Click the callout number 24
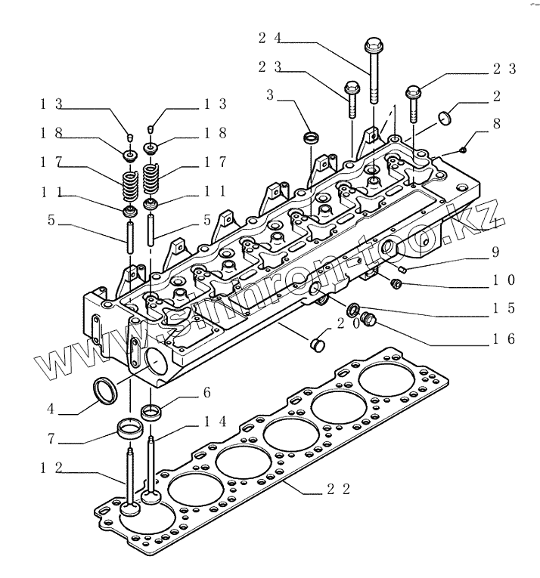click(x=269, y=37)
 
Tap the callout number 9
click(x=496, y=252)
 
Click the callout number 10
click(x=504, y=280)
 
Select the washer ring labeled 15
click(x=352, y=310)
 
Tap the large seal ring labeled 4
click(x=104, y=391)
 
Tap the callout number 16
click(x=505, y=338)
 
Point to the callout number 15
click(x=505, y=308)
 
